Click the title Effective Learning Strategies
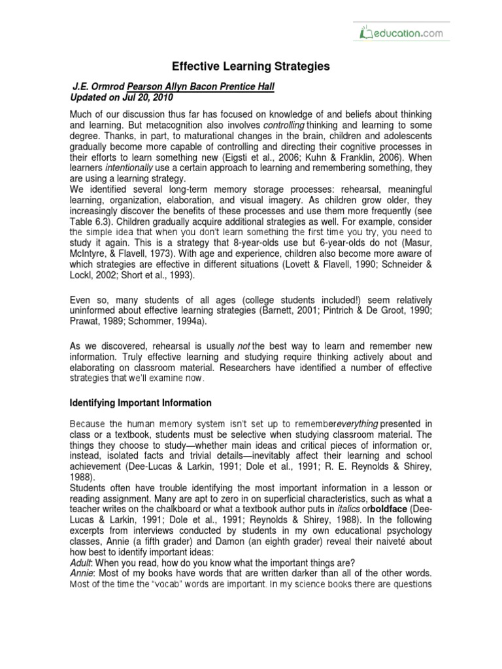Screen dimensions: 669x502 pos(251,67)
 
